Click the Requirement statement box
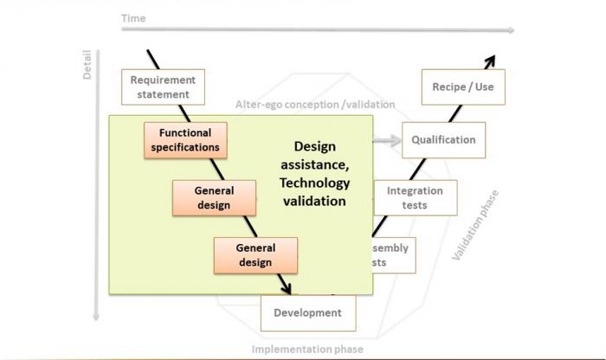tap(163, 87)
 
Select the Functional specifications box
tap(184, 140)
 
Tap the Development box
tap(307, 313)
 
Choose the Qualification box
tap(443, 140)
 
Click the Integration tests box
tap(415, 197)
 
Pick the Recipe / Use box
tap(462, 87)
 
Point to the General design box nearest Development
tap(255, 255)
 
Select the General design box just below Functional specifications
tap(214, 198)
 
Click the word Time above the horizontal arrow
tap(133, 18)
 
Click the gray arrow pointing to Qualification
tap(387, 140)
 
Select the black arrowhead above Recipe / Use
tap(490, 60)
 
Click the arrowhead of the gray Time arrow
tap(511, 30)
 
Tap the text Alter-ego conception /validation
tap(315, 105)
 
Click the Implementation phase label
tap(307, 350)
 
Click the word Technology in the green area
tap(314, 183)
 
